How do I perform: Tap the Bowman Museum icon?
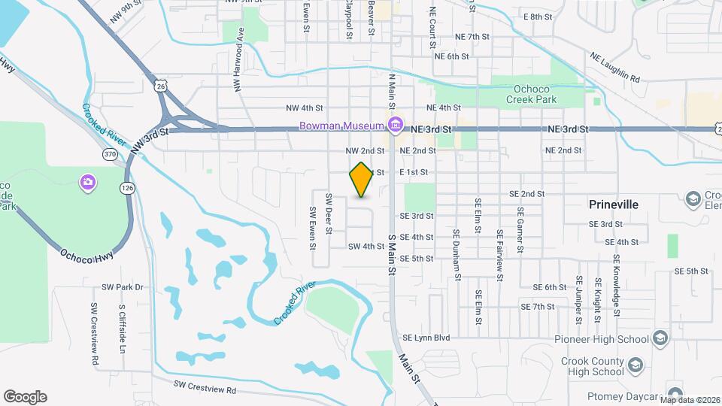pyautogui.click(x=393, y=124)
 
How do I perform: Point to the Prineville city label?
pyautogui.click(x=613, y=205)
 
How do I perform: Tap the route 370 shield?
pyautogui.click(x=109, y=154)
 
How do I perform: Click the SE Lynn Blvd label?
pyautogui.click(x=426, y=338)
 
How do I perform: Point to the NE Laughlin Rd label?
pyautogui.click(x=614, y=68)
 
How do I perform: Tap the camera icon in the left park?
pyautogui.click(x=88, y=181)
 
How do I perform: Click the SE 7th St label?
pyautogui.click(x=538, y=307)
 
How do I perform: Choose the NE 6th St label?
pyautogui.click(x=451, y=56)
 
